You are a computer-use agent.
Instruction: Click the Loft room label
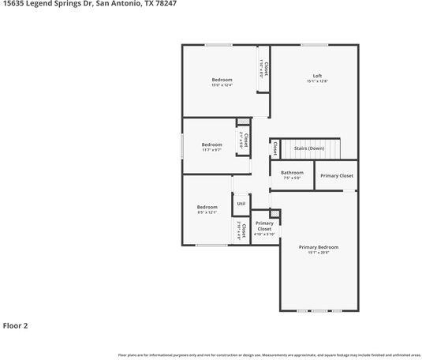point(316,76)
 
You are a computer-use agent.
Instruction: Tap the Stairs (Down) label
point(308,148)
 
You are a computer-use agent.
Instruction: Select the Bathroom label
point(292,172)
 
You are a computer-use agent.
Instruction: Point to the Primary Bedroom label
point(319,247)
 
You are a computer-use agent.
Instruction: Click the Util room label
point(241,204)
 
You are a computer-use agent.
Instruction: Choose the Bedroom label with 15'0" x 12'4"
point(222,80)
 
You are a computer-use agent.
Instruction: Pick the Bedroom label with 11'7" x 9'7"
point(211,144)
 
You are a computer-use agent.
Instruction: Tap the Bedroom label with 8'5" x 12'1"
point(207,207)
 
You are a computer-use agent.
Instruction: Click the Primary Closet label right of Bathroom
point(337,175)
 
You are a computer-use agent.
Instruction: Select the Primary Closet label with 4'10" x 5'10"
point(264,226)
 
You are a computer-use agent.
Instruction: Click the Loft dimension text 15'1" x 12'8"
point(316,81)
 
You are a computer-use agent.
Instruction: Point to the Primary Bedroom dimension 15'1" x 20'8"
point(319,253)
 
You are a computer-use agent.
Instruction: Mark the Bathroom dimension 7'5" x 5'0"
point(292,178)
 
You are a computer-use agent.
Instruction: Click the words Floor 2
point(16,324)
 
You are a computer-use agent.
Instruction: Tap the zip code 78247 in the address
point(166,4)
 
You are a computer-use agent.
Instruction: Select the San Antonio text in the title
point(119,4)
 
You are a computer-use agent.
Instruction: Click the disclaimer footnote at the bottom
point(269,355)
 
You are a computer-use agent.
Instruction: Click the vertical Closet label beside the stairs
point(274,148)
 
